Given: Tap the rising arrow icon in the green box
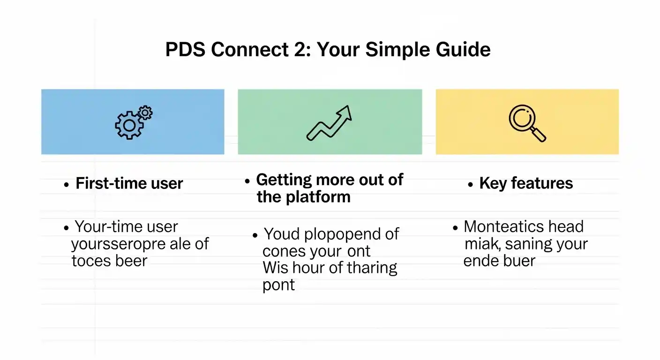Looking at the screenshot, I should click(329, 123).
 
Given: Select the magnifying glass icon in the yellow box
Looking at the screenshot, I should click(526, 123).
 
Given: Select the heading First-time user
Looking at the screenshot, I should click(129, 183).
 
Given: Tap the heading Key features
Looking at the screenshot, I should click(526, 183).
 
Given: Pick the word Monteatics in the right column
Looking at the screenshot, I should click(502, 227).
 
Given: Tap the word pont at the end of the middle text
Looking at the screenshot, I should click(278, 285).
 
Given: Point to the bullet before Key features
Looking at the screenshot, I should click(471, 185).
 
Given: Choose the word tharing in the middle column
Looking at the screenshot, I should click(371, 268).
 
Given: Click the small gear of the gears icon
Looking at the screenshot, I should click(146, 112).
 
